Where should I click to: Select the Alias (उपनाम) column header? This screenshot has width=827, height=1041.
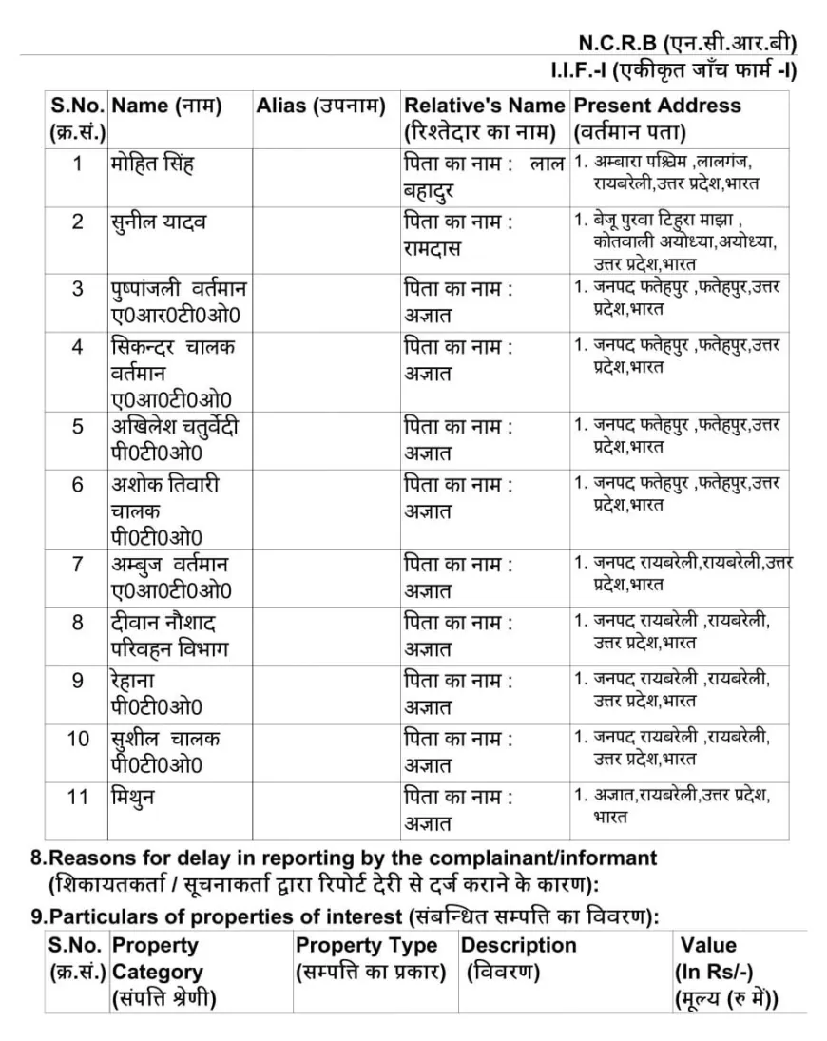point(320,106)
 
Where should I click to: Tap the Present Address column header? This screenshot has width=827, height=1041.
point(657,118)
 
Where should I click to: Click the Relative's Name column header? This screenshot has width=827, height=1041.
point(484,118)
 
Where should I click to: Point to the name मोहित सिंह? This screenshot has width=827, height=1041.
point(152,163)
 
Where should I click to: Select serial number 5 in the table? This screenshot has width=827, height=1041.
point(78,426)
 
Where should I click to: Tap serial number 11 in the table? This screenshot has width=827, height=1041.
point(78,797)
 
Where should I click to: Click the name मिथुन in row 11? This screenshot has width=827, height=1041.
point(133,797)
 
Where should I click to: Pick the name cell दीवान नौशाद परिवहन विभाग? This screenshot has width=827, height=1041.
point(169,636)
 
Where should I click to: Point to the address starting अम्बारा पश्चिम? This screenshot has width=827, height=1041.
point(675,171)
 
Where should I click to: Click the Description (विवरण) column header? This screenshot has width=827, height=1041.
point(519,958)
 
